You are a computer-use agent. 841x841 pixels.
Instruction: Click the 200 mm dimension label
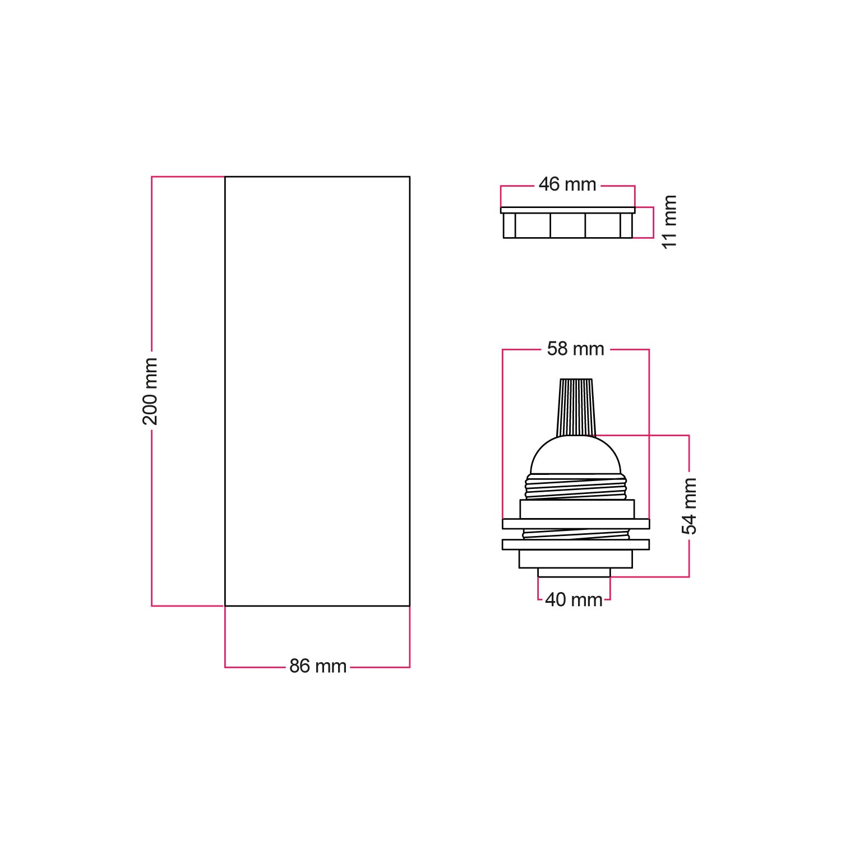[x=151, y=391]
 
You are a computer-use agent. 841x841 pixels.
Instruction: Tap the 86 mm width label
[x=318, y=666]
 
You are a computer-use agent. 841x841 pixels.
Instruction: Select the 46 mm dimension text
[x=567, y=184]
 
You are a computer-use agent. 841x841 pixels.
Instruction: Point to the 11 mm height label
[x=669, y=222]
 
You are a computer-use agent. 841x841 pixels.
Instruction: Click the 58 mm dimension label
[x=576, y=349]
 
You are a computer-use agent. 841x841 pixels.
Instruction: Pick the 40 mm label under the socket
[x=574, y=599]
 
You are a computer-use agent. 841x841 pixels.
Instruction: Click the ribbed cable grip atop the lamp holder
[x=576, y=407]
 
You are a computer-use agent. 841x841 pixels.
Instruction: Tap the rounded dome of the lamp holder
[x=576, y=454]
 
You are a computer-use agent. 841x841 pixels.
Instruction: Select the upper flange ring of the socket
[x=576, y=524]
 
